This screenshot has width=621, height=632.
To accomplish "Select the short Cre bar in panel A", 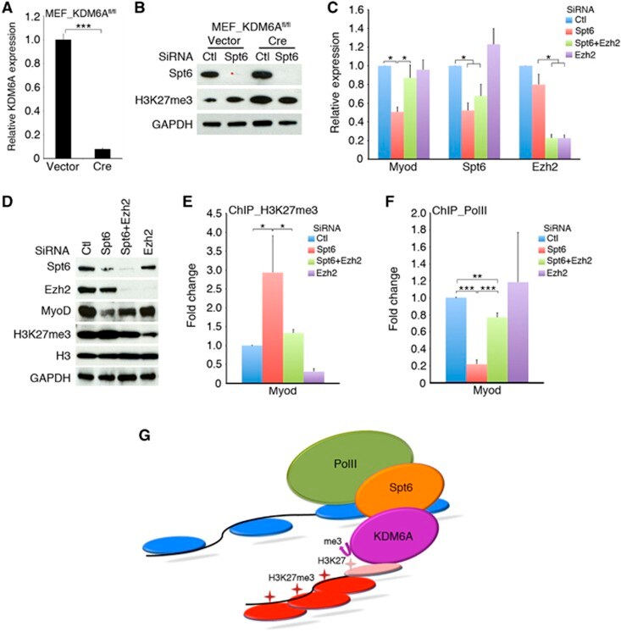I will coord(101,153).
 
